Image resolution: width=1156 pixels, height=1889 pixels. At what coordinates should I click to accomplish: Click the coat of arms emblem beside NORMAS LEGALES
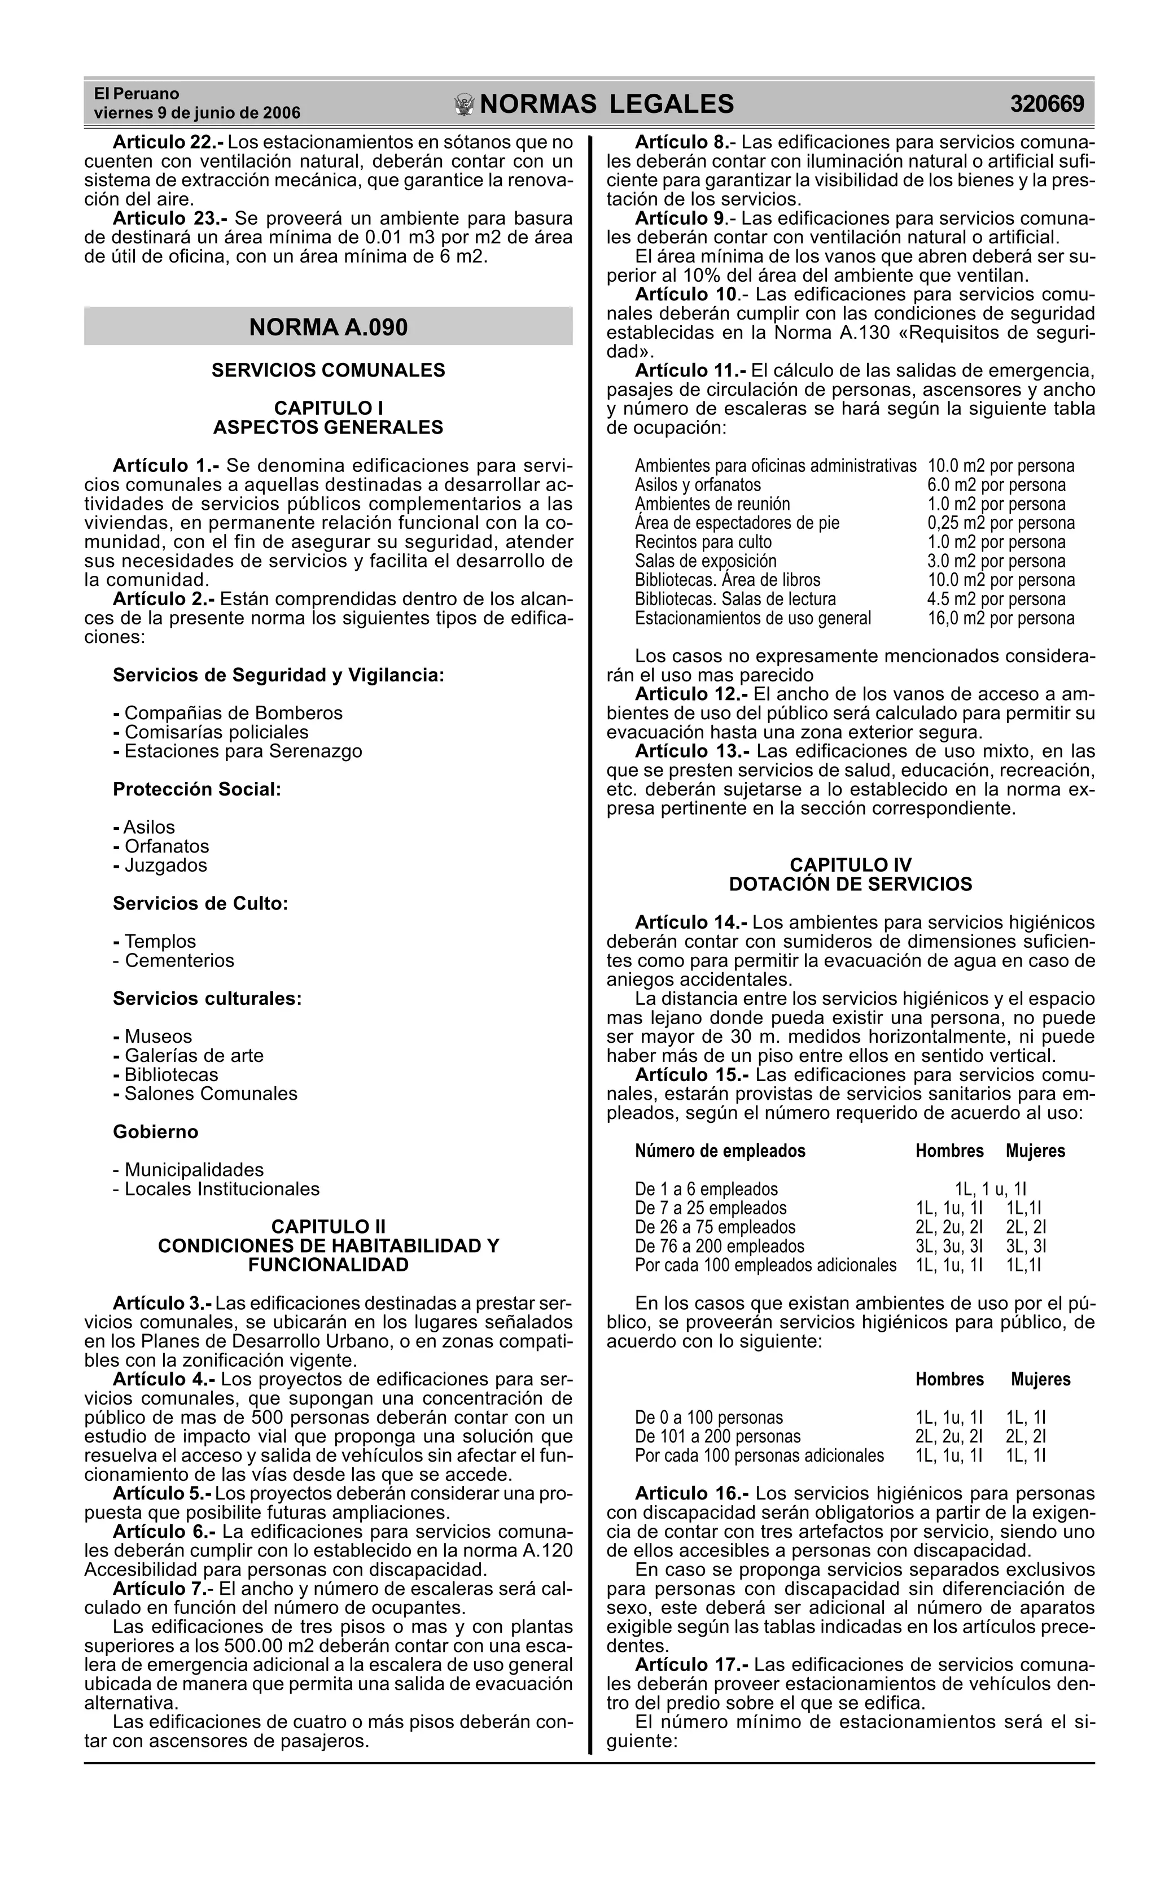[464, 105]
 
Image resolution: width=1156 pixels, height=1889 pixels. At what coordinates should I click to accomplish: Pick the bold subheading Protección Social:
[197, 789]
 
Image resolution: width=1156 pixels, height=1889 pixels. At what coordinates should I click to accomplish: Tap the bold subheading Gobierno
[156, 1131]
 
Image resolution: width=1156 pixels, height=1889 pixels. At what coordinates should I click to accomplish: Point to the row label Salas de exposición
[705, 561]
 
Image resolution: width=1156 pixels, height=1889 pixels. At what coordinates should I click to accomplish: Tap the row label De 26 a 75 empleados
[715, 1227]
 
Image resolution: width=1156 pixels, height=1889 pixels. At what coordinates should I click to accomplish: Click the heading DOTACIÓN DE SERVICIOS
[850, 884]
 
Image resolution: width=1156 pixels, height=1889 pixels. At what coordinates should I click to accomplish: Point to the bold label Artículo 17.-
[691, 1664]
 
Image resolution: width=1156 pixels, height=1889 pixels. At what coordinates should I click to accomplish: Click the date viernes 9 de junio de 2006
[197, 113]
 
